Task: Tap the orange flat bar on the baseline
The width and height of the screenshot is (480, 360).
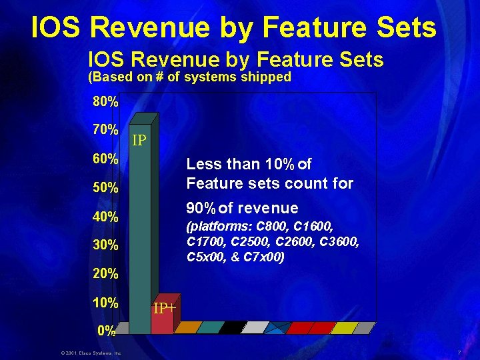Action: tap(187, 327)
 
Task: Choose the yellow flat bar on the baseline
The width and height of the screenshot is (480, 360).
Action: tap(344, 327)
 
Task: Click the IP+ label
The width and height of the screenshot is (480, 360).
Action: tap(165, 309)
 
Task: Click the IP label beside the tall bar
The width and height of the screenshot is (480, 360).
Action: tap(139, 141)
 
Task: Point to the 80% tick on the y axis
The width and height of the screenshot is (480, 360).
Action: tap(105, 103)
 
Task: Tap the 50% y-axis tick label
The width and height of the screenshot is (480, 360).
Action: tap(105, 187)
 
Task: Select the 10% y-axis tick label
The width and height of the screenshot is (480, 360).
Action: tap(105, 303)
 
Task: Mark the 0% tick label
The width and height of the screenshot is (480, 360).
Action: tap(107, 330)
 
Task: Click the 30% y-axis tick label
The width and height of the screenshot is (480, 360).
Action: tap(105, 245)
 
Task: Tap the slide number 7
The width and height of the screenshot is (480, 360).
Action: tap(459, 352)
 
